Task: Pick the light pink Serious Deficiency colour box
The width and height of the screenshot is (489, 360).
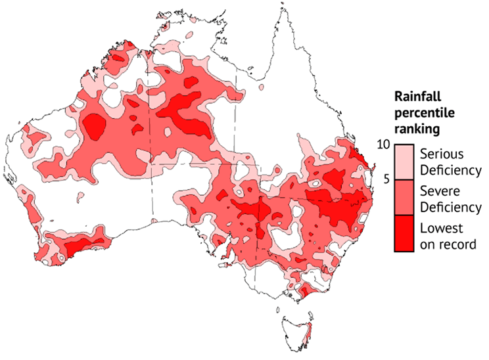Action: click(404, 162)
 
